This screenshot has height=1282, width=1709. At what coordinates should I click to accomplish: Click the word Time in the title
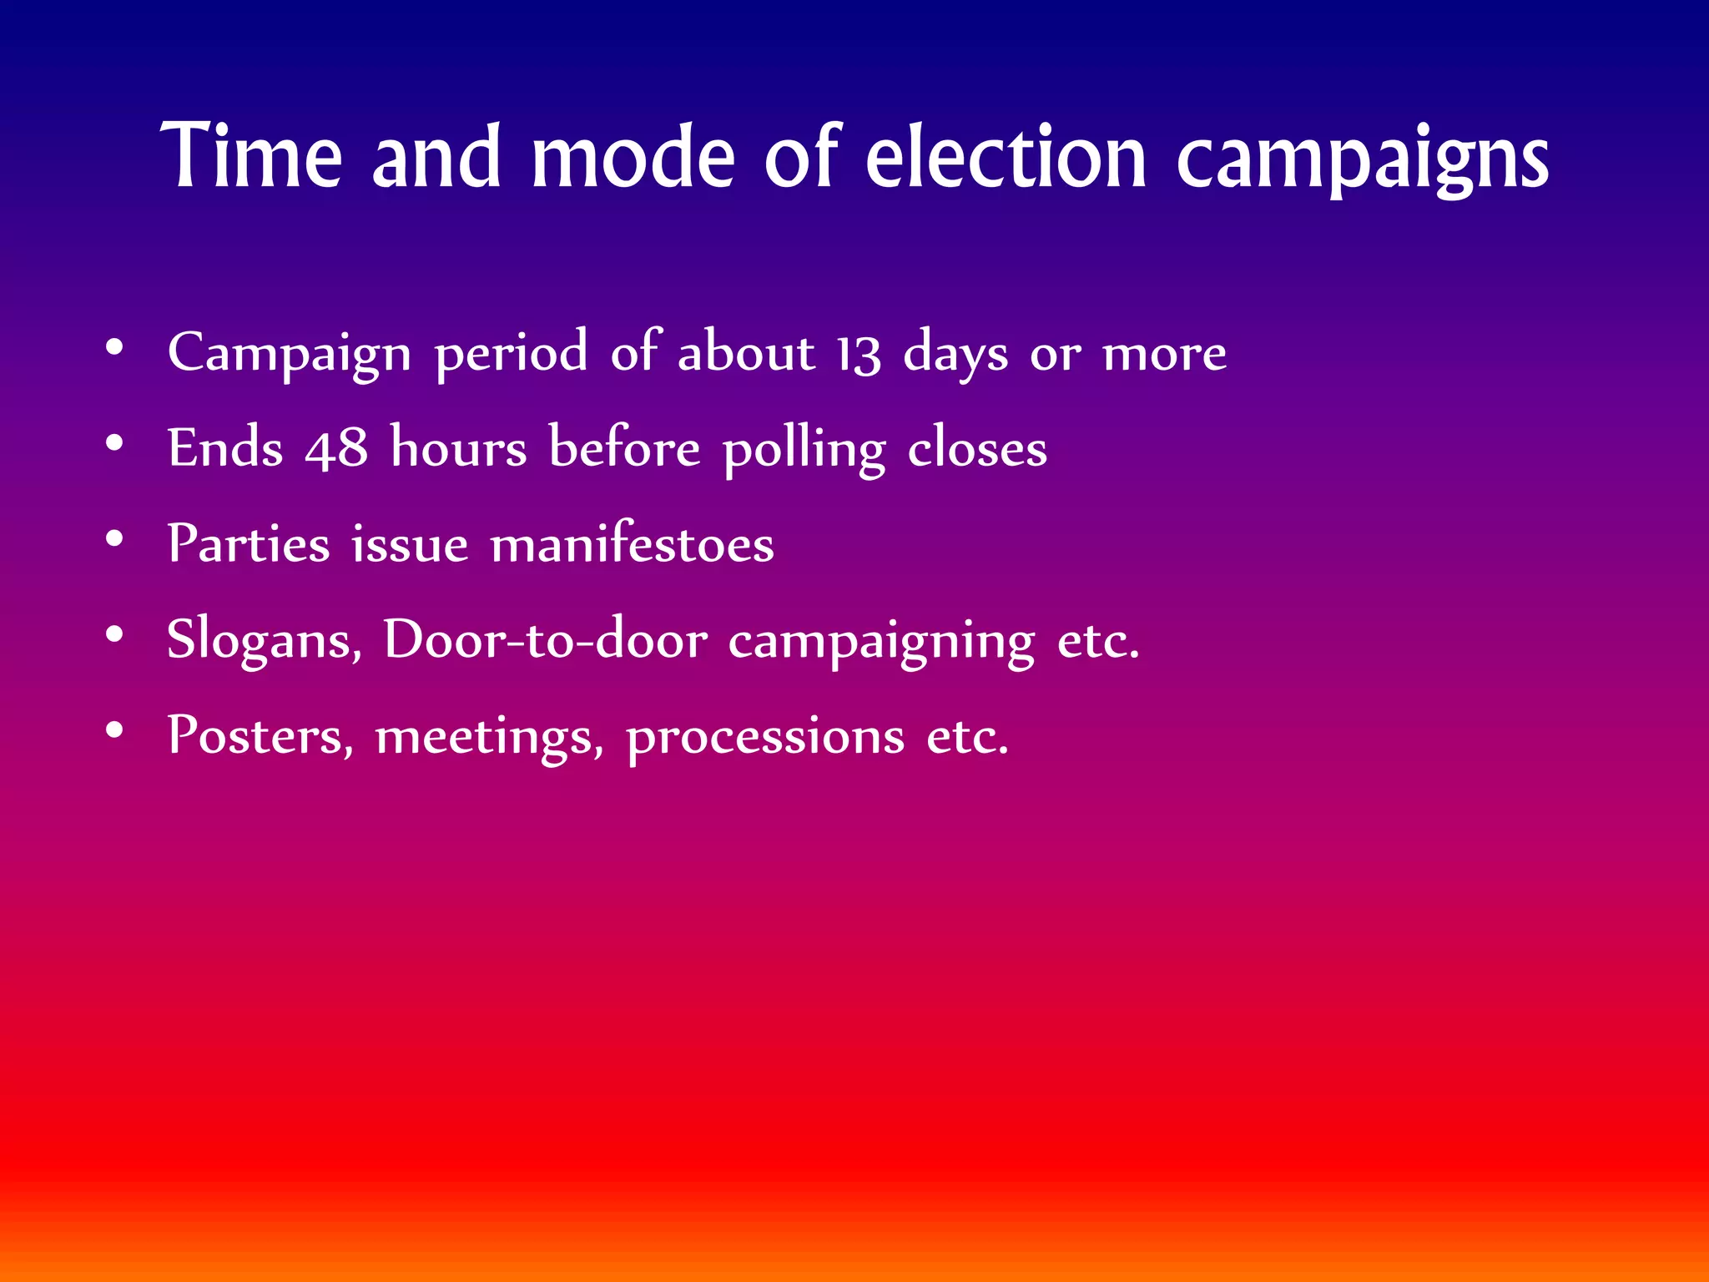[x=251, y=156]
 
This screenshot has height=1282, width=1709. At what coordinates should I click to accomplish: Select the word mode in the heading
[x=633, y=156]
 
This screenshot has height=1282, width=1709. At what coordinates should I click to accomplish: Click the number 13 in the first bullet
[x=859, y=353]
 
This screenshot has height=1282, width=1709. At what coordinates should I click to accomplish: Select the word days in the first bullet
[x=955, y=353]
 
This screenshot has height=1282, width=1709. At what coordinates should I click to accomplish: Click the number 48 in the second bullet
[x=336, y=448]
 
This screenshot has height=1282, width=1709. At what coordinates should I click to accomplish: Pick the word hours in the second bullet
[x=459, y=448]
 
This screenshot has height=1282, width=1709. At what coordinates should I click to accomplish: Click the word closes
[x=976, y=448]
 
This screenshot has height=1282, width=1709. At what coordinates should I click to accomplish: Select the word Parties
[x=249, y=544]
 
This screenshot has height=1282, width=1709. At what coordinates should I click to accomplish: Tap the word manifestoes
[x=632, y=544]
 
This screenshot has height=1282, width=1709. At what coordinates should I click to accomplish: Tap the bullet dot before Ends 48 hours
[x=115, y=443]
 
